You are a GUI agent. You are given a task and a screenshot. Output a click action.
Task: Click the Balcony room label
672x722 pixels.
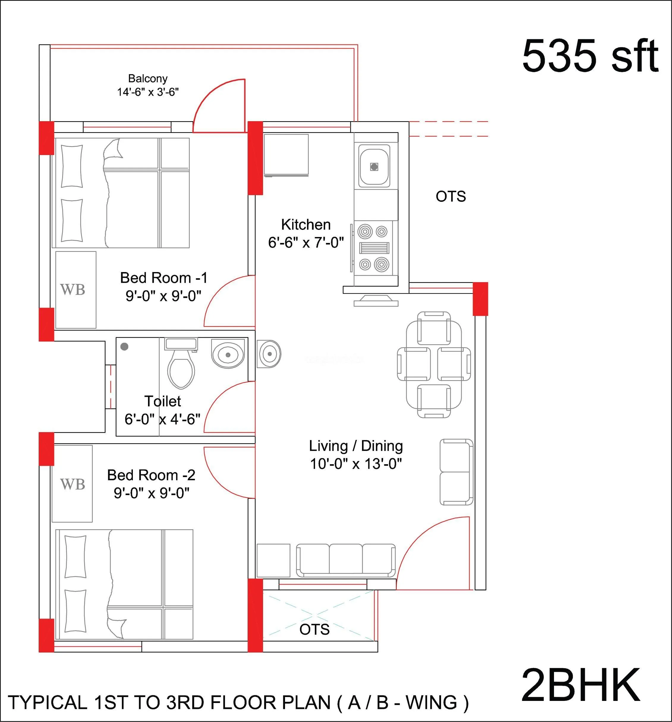tap(147, 78)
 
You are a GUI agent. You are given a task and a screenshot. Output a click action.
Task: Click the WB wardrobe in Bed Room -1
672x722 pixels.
tap(75, 290)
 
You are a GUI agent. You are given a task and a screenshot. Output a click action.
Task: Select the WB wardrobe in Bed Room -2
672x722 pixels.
tap(72, 484)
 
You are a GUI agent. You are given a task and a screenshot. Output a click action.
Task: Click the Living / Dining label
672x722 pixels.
tap(356, 446)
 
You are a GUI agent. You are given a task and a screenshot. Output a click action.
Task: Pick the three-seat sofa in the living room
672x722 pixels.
tap(346, 560)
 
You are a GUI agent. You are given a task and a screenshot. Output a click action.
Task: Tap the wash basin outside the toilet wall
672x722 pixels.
tap(269, 353)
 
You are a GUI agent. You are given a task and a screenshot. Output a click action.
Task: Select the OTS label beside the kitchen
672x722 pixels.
tap(451, 197)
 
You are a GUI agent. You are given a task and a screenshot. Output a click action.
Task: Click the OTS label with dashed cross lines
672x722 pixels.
tap(314, 629)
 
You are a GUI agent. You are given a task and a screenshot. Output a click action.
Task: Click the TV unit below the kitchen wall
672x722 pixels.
tap(376, 301)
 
